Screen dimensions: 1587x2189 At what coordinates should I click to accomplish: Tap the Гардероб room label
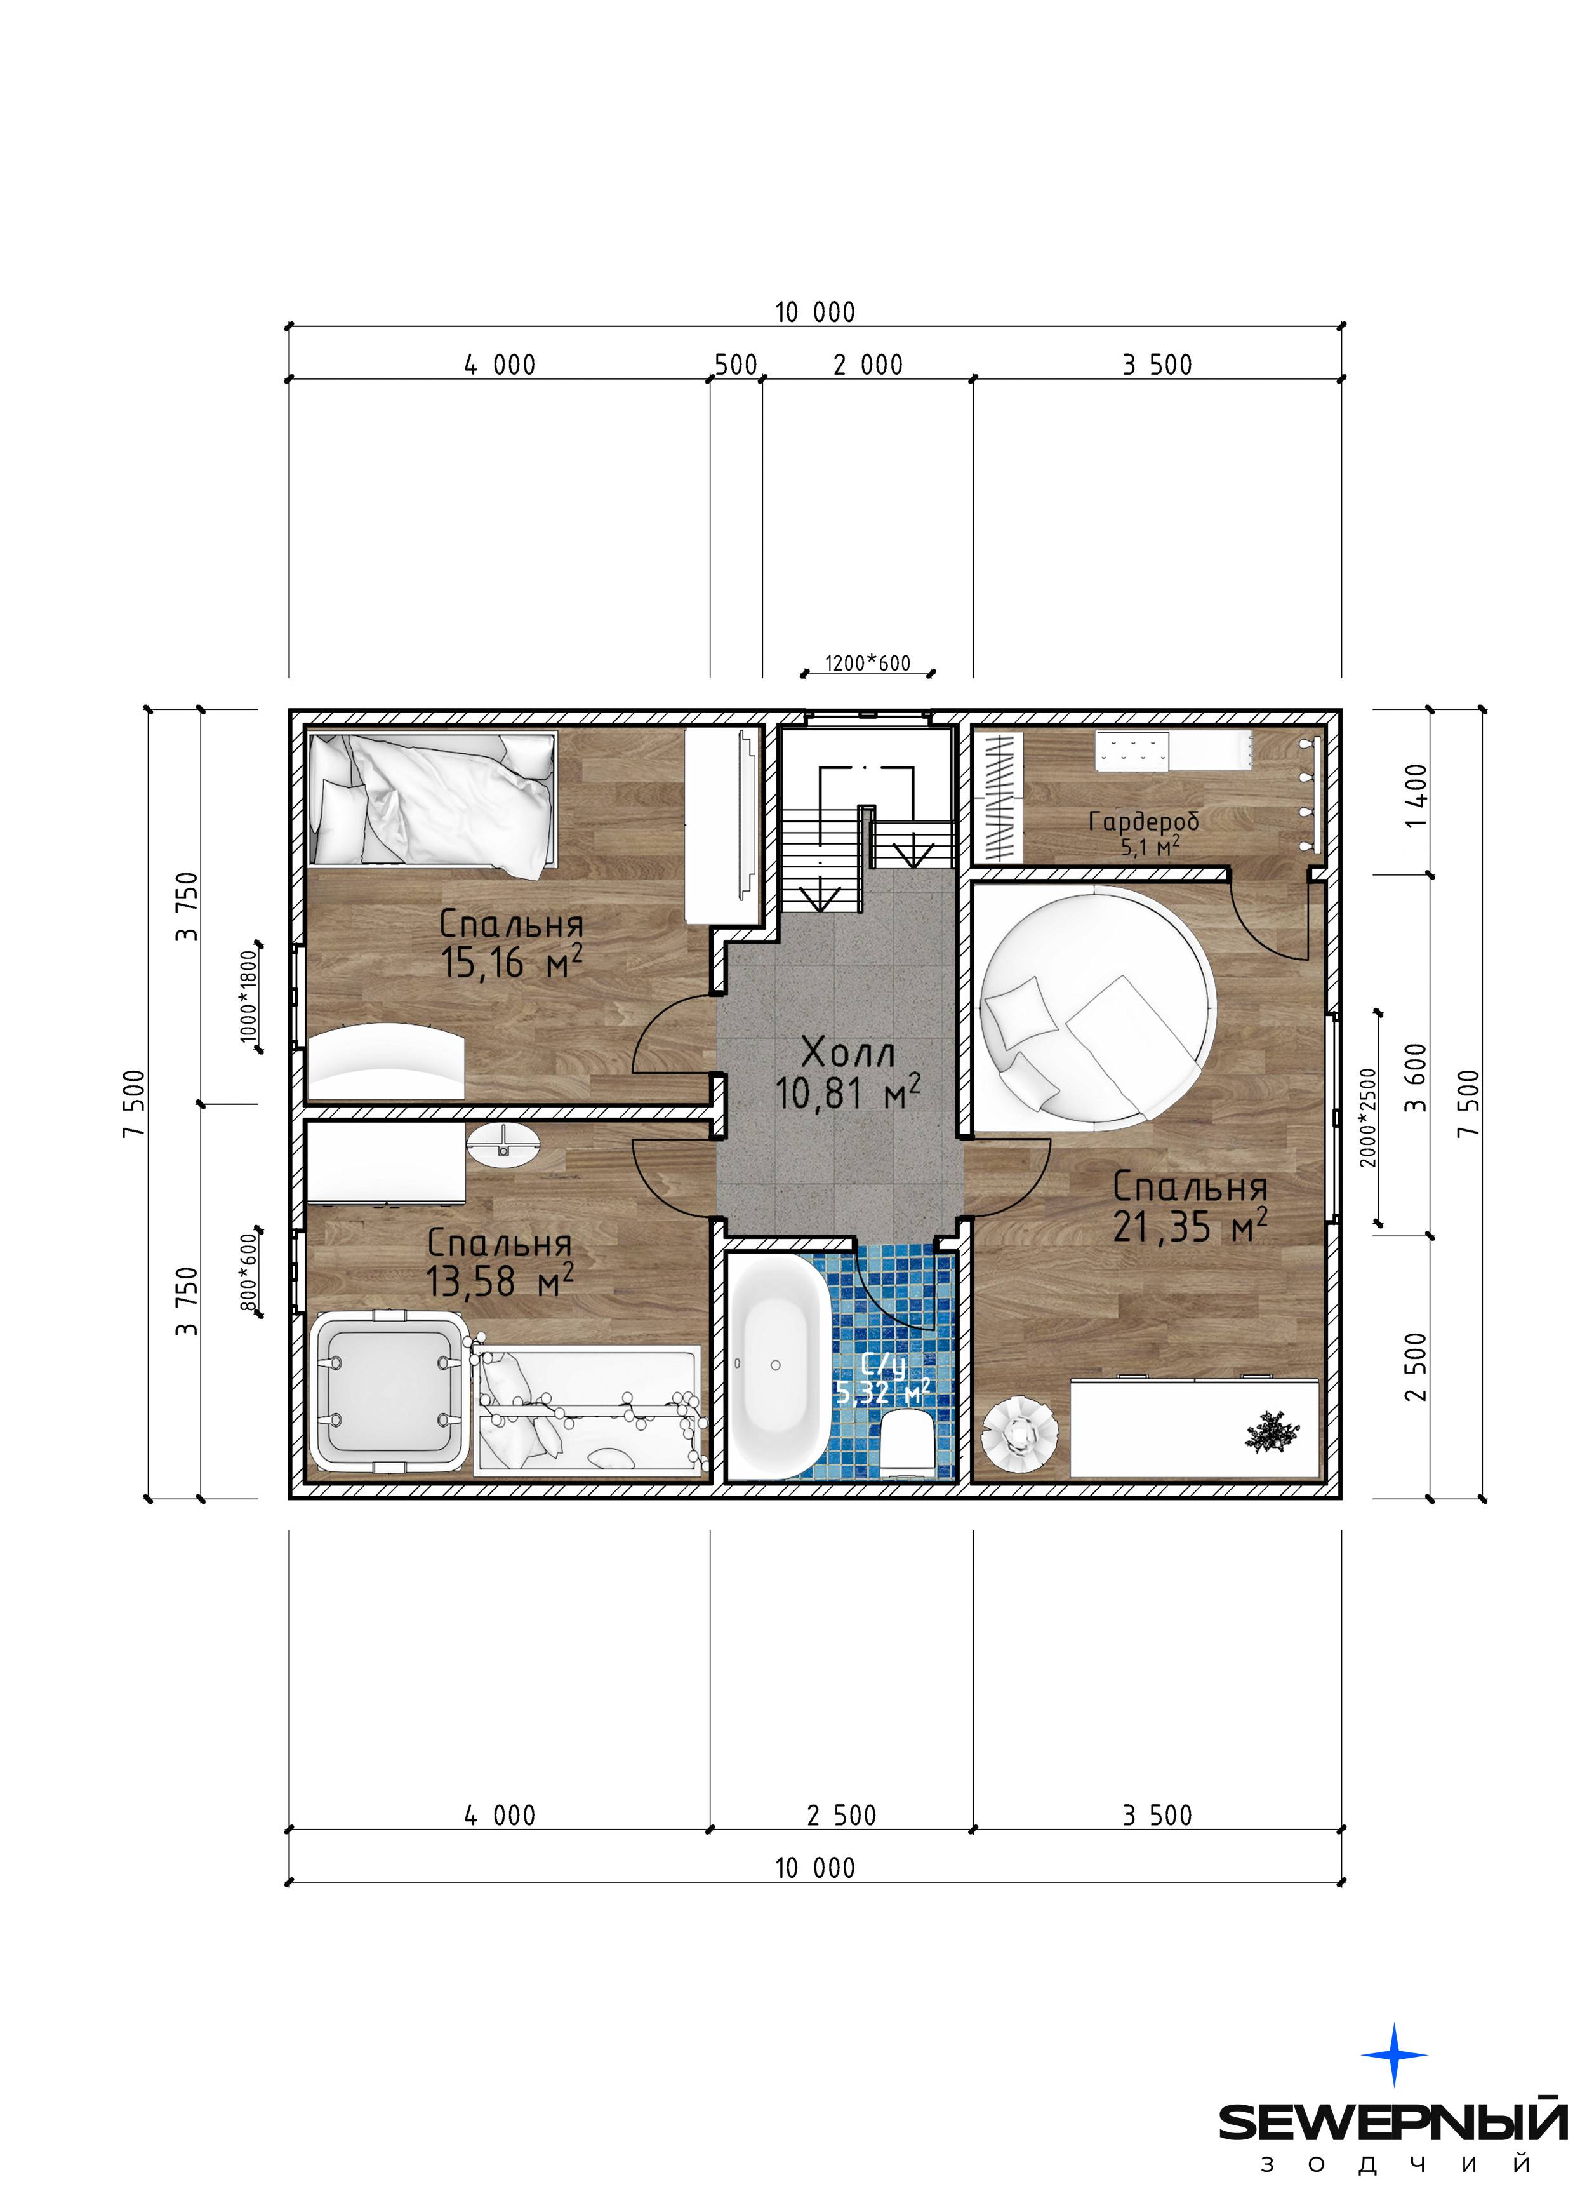1144,820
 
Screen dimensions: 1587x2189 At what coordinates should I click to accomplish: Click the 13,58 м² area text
500,1281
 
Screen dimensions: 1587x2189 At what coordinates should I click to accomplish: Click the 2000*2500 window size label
1368,1116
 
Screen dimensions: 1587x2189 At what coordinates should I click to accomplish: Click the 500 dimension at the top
736,365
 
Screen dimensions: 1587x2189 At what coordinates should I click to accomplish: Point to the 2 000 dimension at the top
868,365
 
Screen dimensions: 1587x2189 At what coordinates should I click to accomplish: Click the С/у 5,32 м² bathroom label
882,1381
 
